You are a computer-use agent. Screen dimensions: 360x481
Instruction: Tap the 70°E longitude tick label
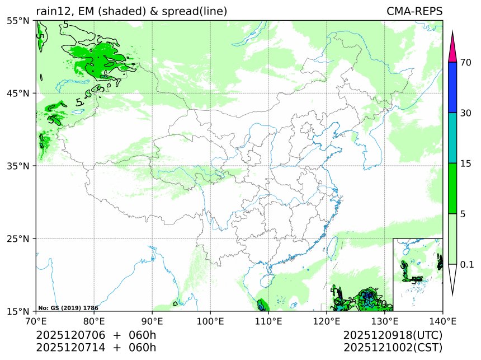(x=36, y=321)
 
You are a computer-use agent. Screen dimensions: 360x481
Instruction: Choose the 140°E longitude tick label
(x=442, y=321)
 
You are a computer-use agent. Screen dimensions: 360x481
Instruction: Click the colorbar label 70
(x=465, y=63)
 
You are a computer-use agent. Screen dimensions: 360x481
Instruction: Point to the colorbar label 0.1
(x=467, y=264)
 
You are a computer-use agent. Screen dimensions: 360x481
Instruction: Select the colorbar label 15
(x=465, y=163)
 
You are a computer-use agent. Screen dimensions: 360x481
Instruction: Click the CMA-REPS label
(x=414, y=11)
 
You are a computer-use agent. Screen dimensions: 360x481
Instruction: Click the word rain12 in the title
(x=53, y=11)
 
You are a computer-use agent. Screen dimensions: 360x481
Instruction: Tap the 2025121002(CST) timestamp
(x=393, y=347)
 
